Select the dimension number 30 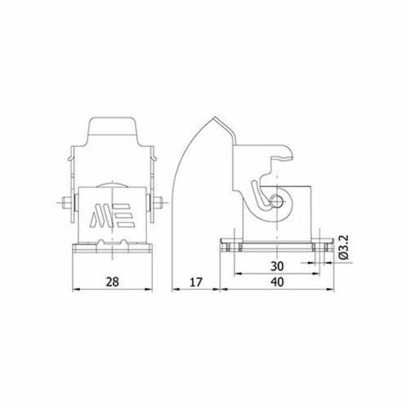[276, 265]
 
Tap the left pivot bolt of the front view [69, 205]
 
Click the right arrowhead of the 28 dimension [151, 289]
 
